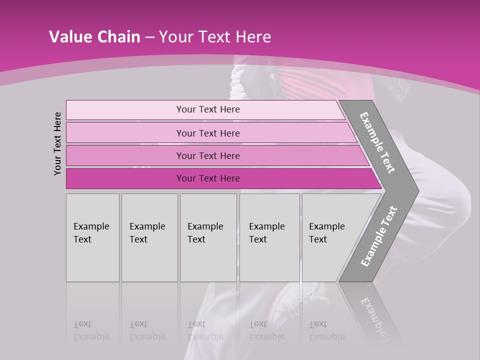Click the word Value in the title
(x=69, y=37)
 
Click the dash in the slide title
(x=149, y=37)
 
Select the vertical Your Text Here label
(x=57, y=143)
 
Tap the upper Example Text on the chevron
(x=377, y=142)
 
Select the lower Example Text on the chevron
(x=378, y=236)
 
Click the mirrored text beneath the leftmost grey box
(x=91, y=331)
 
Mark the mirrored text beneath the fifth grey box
(x=326, y=331)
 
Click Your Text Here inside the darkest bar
(x=208, y=178)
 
